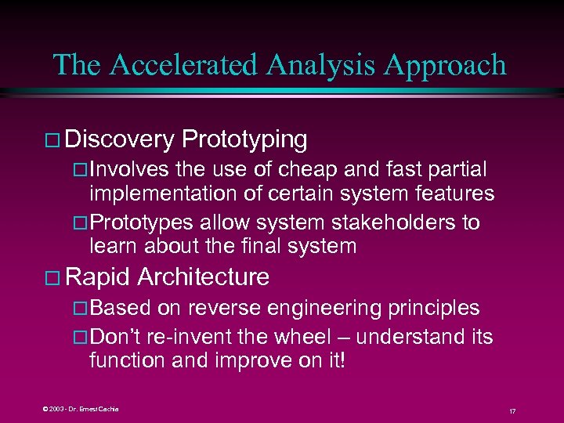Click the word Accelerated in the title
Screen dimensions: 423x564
click(x=183, y=65)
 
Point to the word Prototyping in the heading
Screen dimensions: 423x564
click(x=244, y=139)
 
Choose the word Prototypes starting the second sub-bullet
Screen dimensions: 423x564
click(x=143, y=222)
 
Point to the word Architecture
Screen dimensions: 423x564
click(x=204, y=277)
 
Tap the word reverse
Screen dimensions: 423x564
click(x=225, y=308)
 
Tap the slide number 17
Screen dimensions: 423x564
click(x=512, y=410)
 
